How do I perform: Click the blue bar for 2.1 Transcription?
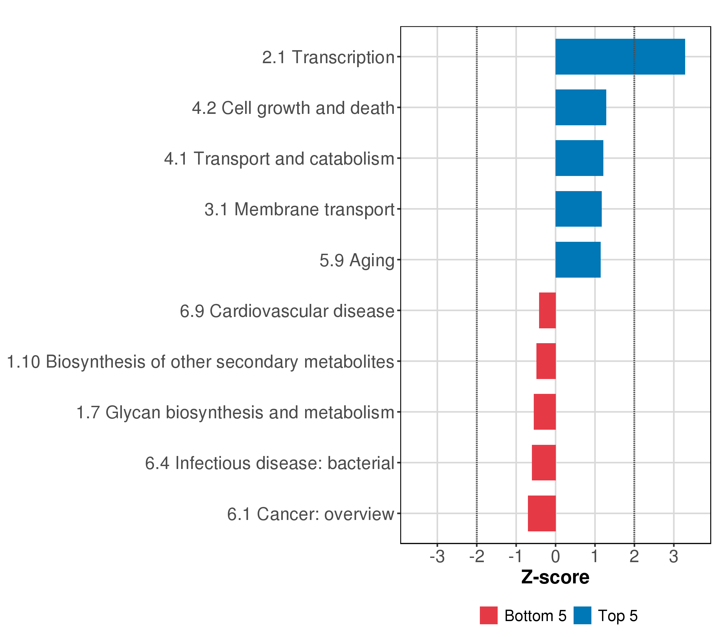coord(620,57)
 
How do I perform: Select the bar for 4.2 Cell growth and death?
coord(581,107)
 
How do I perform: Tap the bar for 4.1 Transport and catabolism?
coord(579,158)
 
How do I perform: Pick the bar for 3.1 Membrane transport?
coord(578,209)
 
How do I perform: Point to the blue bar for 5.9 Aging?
coord(578,260)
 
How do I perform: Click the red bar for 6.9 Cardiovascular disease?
coord(547,311)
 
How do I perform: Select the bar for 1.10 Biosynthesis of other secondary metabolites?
coord(546,361)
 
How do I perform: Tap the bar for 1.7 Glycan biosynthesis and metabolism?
coord(544,412)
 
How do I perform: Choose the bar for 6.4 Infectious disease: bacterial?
coord(544,463)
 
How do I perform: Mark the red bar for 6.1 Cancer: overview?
coord(542,514)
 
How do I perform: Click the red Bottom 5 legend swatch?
coord(489,616)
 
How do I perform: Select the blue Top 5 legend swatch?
coord(582,616)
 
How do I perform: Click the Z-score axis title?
coord(555,577)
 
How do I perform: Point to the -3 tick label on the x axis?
coord(437,557)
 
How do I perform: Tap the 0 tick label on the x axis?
coord(555,557)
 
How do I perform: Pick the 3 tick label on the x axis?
coord(673,557)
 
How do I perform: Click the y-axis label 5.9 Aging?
coord(357,260)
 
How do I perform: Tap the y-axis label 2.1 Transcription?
coord(328,57)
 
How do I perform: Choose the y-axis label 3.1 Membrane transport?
coord(300,210)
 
